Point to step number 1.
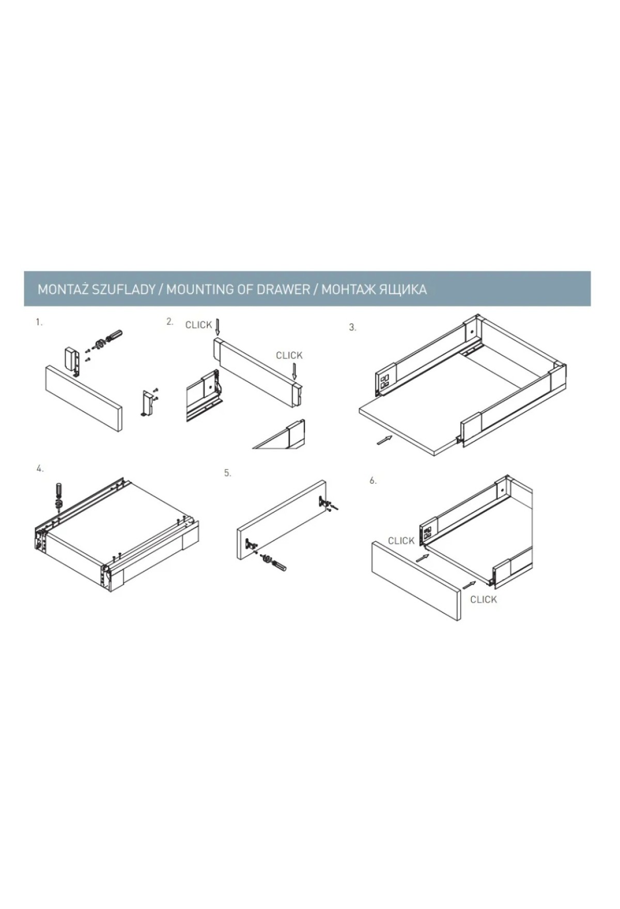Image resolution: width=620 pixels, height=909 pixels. pyautogui.click(x=39, y=323)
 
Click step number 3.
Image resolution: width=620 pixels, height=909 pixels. pyautogui.click(x=352, y=327)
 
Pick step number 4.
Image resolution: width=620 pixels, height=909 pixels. pyautogui.click(x=40, y=469)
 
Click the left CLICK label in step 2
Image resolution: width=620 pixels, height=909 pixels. pyautogui.click(x=199, y=325)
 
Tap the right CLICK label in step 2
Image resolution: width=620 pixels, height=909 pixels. pyautogui.click(x=289, y=355)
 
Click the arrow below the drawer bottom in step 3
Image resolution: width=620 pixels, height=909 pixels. pyautogui.click(x=384, y=440)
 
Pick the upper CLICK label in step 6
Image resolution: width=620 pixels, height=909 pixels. pyautogui.click(x=401, y=541)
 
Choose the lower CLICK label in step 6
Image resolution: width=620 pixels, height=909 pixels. pyautogui.click(x=484, y=600)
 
